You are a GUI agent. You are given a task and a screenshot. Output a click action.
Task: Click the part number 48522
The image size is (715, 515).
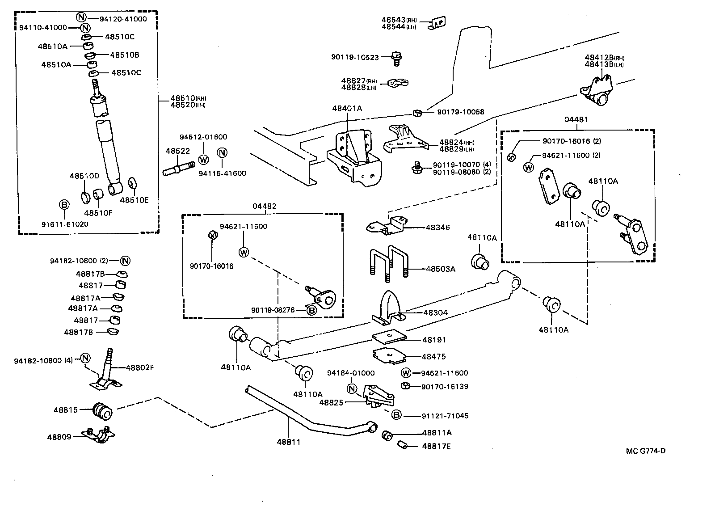coord(177,151)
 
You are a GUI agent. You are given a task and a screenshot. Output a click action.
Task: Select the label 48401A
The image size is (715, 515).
coord(347,108)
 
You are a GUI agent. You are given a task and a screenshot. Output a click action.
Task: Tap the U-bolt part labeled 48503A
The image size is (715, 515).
coord(387,265)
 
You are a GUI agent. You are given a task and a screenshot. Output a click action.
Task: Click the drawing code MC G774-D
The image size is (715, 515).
coord(645,451)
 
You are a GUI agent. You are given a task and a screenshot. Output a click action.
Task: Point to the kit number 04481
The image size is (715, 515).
coord(576,119)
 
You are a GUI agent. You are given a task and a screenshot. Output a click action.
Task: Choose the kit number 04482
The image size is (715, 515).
coord(264,206)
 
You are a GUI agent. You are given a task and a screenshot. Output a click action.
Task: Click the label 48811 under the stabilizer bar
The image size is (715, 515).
coord(288,442)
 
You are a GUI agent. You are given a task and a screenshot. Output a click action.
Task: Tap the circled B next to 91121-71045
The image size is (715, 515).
coord(396,415)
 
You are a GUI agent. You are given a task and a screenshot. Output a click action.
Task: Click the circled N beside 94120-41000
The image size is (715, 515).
coord(81,18)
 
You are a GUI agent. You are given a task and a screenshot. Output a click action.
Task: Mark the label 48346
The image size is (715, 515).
coord(437,227)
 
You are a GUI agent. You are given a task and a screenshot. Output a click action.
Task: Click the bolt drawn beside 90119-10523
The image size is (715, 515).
coord(396,56)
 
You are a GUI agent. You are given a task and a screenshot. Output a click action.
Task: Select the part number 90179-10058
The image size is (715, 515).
coord(460,112)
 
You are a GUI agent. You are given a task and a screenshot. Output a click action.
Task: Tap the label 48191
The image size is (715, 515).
coord(434,340)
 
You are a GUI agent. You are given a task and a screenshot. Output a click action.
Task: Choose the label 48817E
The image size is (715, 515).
coord(436,446)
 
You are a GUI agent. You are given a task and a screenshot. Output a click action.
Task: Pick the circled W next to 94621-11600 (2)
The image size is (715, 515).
coord(528,167)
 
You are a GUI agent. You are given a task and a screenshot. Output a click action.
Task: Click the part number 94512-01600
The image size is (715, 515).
coord(203,137)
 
